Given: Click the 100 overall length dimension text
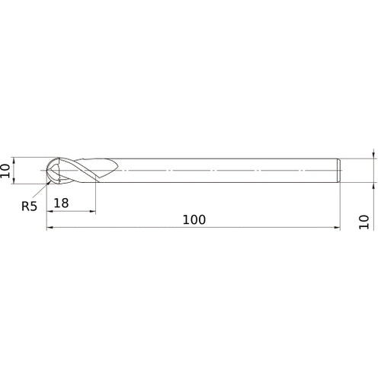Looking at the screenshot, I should coord(194,219).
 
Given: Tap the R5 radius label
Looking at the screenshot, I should coord(29,205).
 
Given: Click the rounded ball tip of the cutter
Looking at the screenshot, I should coord(50,171).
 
